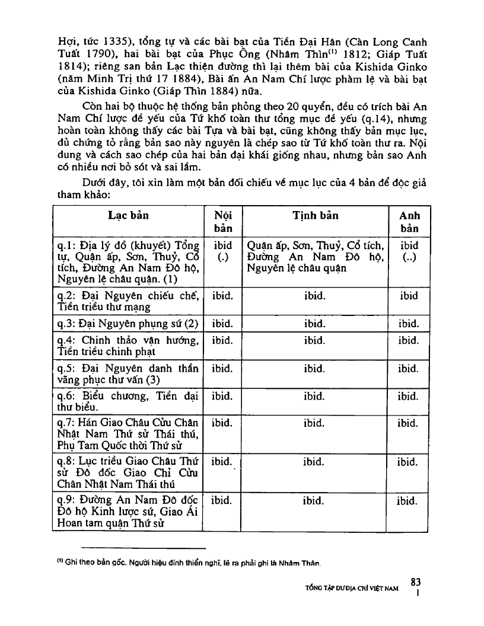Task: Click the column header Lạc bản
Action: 128,216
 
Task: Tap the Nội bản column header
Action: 221,222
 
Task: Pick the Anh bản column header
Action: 409,222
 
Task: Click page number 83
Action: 415,583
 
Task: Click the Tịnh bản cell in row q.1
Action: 315,256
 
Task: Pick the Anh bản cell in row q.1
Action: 409,251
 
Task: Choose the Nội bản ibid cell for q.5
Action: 221,369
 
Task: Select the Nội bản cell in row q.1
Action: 221,251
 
